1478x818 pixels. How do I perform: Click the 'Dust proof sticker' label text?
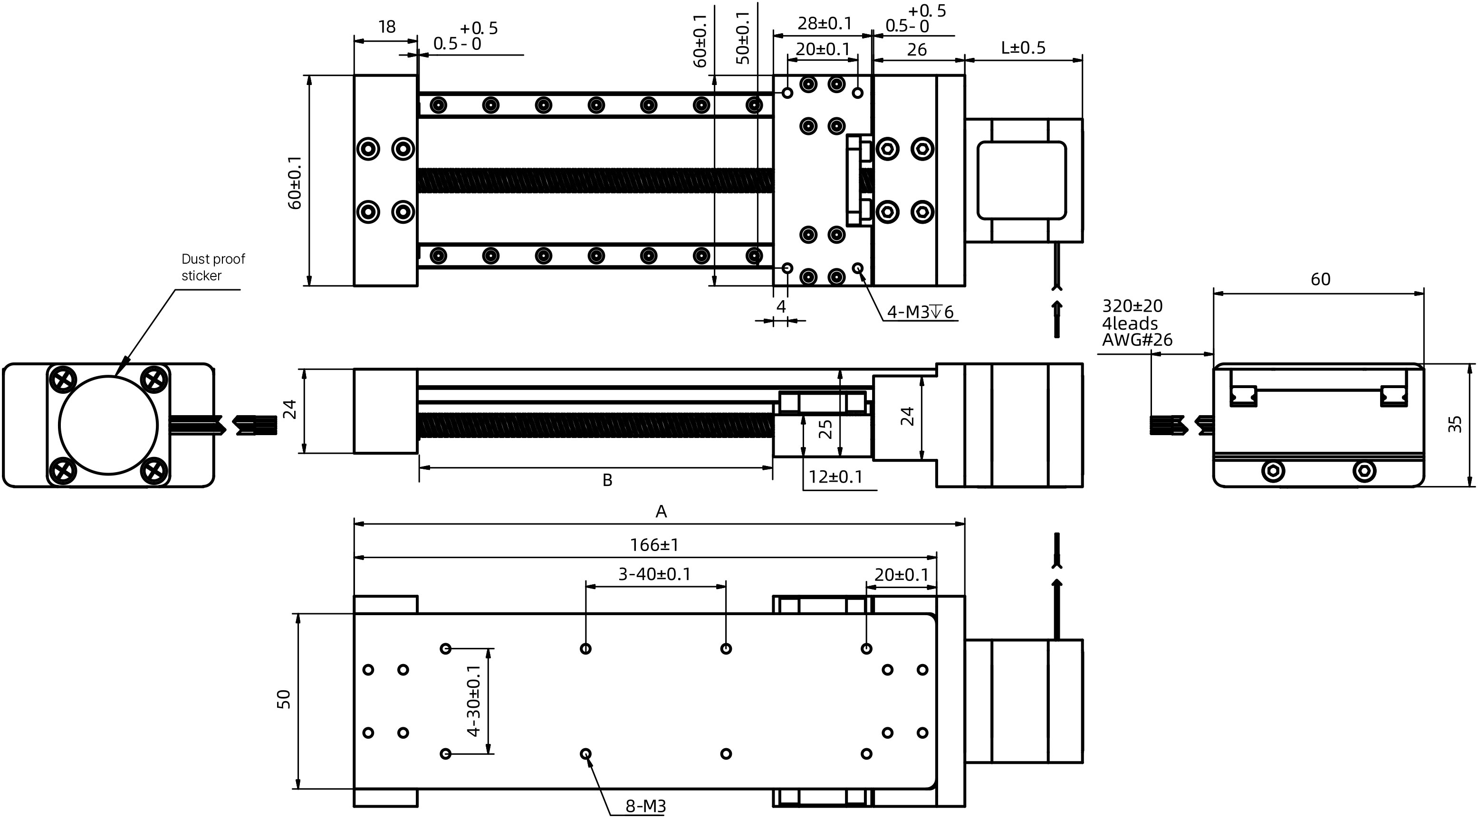212,267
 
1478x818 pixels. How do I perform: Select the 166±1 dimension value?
654,545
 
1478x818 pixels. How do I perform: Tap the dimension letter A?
661,511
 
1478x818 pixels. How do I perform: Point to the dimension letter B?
607,480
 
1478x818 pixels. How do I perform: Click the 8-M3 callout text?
645,807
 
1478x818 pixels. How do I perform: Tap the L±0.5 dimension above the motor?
1023,48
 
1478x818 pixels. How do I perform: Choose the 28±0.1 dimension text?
825,24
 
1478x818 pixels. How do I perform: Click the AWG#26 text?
1137,340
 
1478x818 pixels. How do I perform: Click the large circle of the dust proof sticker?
108,425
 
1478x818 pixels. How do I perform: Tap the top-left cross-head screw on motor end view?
63,379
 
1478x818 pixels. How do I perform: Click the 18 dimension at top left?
387,27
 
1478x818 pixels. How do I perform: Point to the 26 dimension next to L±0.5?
916,50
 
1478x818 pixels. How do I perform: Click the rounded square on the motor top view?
1021,180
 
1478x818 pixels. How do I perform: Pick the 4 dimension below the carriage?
780,307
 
